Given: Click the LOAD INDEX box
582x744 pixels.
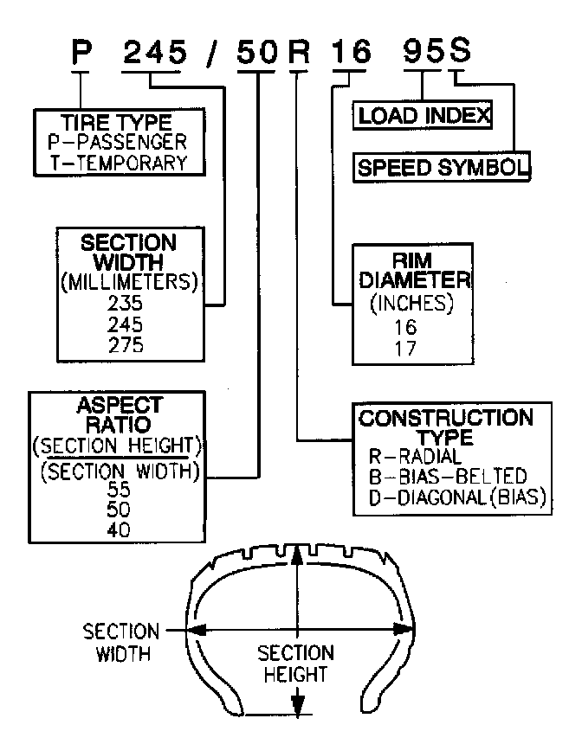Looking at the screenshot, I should pyautogui.click(x=424, y=115).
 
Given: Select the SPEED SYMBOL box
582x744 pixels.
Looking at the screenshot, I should pyautogui.click(x=442, y=167).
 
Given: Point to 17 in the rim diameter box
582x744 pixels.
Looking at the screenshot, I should pyautogui.click(x=405, y=348).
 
